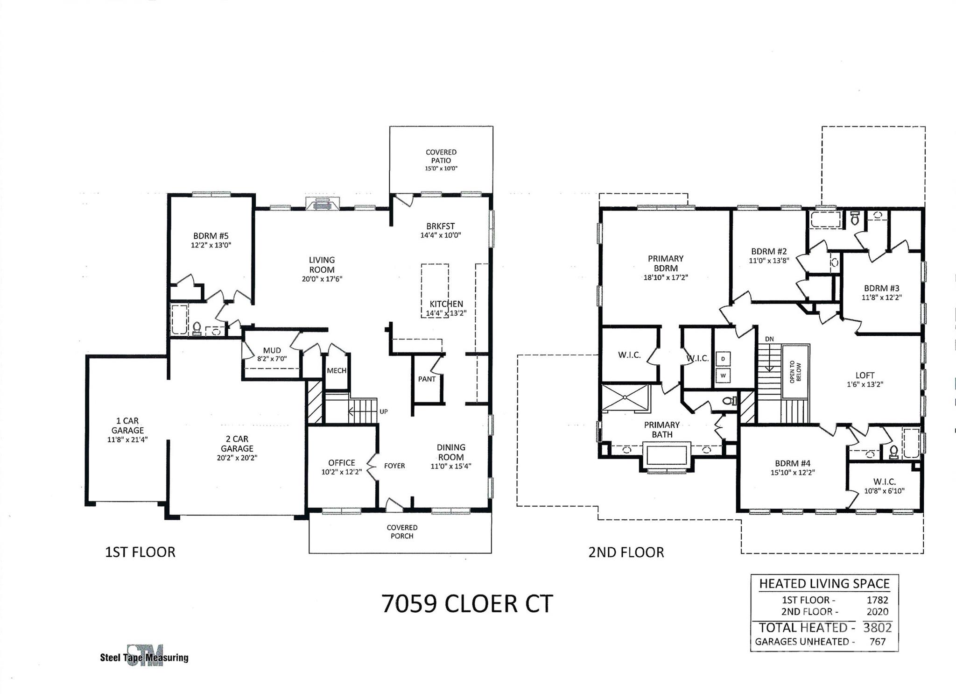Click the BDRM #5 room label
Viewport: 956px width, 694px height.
[x=211, y=236]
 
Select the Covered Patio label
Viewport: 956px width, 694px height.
[x=441, y=156]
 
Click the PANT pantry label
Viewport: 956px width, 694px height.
[x=427, y=379]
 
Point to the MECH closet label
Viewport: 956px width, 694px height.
[x=336, y=370]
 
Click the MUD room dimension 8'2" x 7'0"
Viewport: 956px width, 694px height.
[x=272, y=358]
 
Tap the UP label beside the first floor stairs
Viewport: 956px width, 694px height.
[x=383, y=411]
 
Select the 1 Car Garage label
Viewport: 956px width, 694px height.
[x=127, y=425]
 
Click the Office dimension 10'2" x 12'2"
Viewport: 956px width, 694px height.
[x=341, y=472]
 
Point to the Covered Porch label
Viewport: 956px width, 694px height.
[x=402, y=531]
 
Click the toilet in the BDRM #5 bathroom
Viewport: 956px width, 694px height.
[x=197, y=328]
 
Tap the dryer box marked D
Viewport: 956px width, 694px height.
[x=723, y=359]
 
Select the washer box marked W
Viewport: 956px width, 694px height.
[x=723, y=375]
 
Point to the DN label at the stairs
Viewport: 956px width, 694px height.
[x=769, y=339]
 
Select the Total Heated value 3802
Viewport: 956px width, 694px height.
[x=877, y=627]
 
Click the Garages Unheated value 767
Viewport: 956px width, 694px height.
[x=877, y=642]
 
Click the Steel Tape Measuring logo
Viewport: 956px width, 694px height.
[x=145, y=656]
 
